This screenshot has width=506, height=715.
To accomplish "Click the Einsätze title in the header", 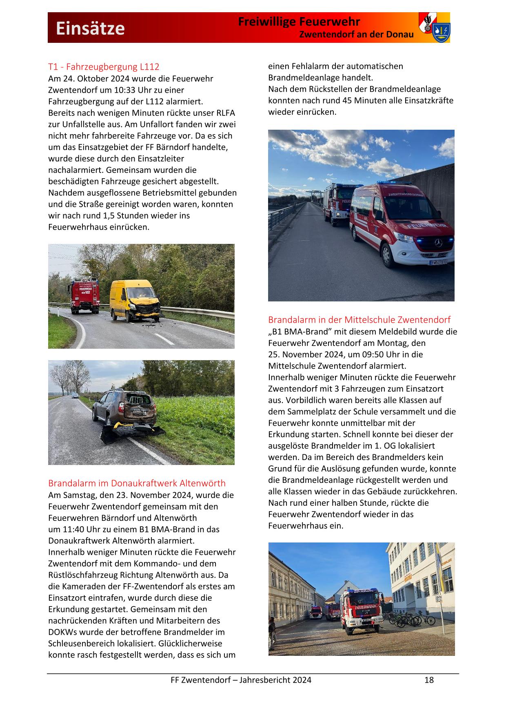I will pos(90,29).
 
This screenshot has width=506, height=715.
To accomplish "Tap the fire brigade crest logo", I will pos(434,27).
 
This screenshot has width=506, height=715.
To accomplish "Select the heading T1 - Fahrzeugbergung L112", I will pos(104,66).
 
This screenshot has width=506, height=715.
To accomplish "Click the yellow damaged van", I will pos(134,300).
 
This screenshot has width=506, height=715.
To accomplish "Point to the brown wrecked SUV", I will pos(125,408).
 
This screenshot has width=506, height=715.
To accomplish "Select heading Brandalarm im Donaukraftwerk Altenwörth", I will pos(137,483).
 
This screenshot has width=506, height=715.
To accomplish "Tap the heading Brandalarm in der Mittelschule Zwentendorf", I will pos(359,319).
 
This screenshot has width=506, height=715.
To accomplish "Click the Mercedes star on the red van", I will pos(438,243).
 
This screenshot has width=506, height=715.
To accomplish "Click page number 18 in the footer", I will pos(429,680).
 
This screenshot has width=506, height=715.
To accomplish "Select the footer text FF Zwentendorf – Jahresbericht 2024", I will pos(241,680).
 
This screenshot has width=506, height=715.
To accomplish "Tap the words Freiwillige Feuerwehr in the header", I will pos(299,22).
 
